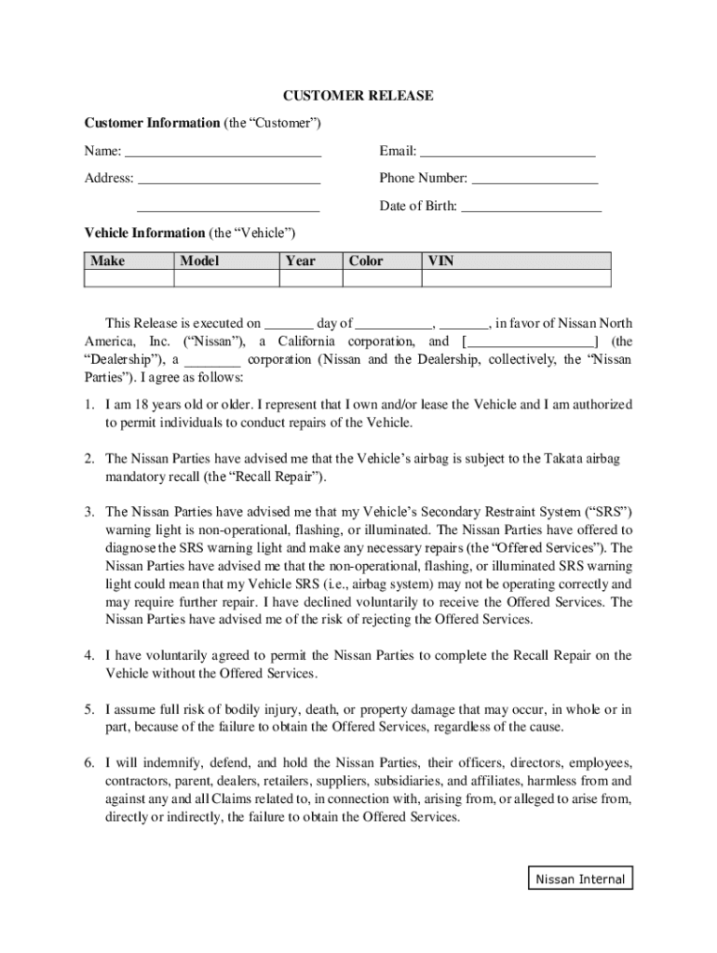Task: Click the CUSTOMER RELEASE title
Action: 358,96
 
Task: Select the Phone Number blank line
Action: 534,179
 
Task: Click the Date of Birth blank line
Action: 531,207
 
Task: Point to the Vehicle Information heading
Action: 144,233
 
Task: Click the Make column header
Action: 108,262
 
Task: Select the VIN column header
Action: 440,262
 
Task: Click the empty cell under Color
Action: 381,279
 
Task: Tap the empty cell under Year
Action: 310,279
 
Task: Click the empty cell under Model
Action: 225,279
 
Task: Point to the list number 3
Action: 89,512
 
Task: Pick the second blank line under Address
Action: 228,207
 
